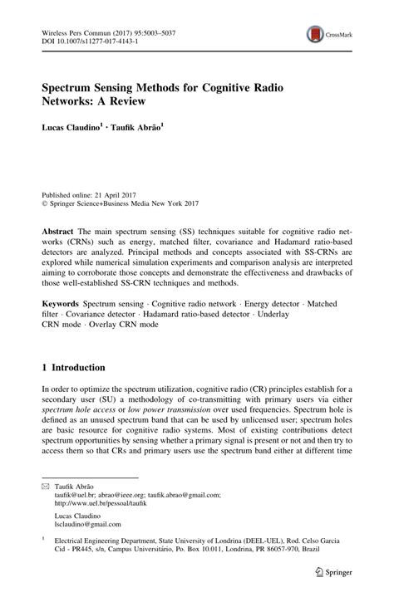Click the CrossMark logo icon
(x=314, y=34)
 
